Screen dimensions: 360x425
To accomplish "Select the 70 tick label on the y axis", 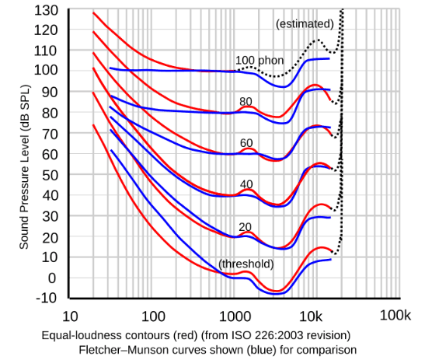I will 47,134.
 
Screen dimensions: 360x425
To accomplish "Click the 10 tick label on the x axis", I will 68,316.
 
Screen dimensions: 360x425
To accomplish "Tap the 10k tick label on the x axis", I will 312,316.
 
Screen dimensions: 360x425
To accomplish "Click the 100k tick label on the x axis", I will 394,316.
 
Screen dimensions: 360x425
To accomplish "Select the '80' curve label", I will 246,102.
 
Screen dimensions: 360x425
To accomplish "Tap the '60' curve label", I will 246,143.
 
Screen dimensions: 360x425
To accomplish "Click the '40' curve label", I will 246,184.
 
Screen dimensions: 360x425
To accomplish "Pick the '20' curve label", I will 245,226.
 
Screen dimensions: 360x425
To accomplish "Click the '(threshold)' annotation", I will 246,264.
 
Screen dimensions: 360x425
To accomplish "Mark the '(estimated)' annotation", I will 305,24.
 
